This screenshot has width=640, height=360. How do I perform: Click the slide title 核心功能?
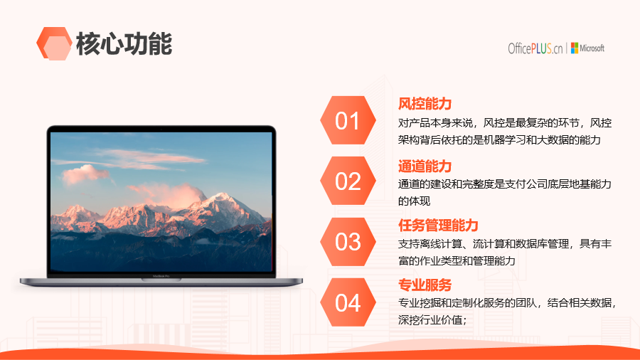[x=124, y=43]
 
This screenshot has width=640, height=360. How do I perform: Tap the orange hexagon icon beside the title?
[x=54, y=43]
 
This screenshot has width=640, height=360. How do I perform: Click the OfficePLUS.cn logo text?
[x=535, y=48]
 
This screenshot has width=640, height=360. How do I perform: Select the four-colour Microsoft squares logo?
[x=575, y=48]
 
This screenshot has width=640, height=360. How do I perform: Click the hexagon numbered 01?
[x=348, y=120]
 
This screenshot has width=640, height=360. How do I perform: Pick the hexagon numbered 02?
[x=348, y=181]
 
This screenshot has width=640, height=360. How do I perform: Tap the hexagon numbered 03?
[x=348, y=242]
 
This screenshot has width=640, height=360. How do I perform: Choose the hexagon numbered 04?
[x=348, y=302]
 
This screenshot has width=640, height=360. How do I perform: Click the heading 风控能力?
[x=425, y=104]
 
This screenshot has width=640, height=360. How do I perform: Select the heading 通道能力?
[x=425, y=166]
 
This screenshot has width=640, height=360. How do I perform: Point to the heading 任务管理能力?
[x=438, y=226]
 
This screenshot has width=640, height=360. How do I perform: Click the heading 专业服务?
[x=425, y=285]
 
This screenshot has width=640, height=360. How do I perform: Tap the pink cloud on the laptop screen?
[x=84, y=174]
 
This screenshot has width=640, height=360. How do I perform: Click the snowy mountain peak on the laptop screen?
[x=223, y=197]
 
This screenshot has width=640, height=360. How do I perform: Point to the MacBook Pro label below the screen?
[x=161, y=276]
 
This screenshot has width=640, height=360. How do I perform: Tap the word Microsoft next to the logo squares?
[x=592, y=48]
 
